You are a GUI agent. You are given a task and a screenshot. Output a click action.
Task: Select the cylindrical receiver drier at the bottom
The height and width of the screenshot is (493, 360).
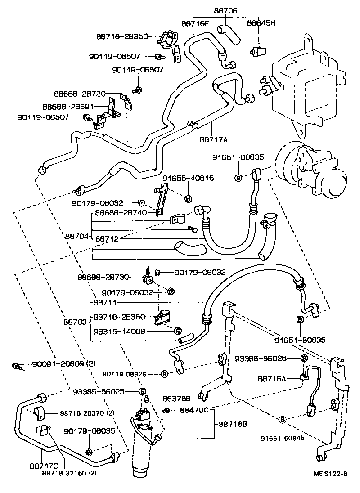tap(145, 445)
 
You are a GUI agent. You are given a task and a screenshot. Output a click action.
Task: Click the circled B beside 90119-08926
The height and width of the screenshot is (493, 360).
tap(164, 374)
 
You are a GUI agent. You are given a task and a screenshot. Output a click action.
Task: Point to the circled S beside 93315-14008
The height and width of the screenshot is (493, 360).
tap(177, 331)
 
